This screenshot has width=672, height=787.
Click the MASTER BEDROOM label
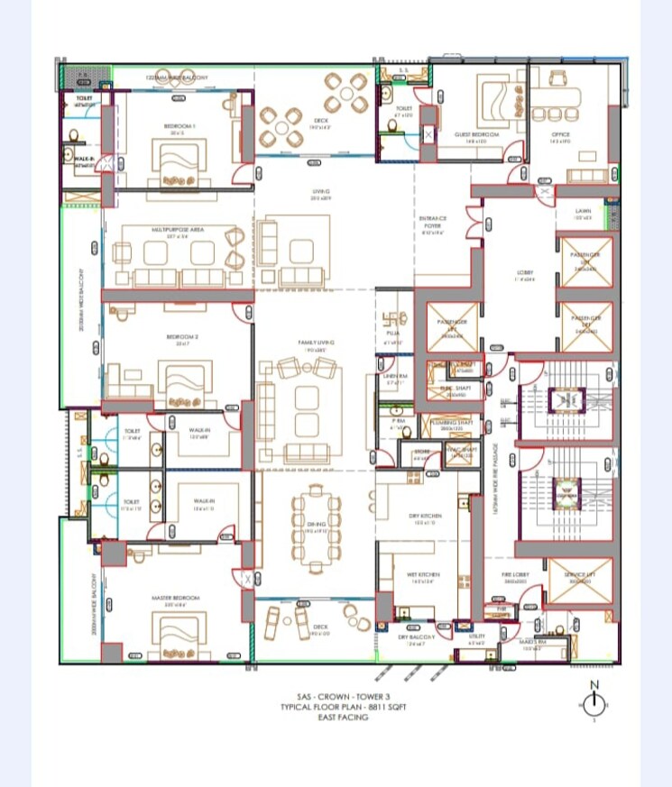point(175,598)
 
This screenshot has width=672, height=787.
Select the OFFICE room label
point(560,135)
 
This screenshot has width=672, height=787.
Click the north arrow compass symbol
point(594,702)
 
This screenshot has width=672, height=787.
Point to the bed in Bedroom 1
point(183,163)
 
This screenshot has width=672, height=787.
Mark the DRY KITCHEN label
point(425,516)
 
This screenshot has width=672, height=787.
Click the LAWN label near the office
point(584,213)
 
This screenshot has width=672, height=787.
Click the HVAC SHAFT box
point(462,453)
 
